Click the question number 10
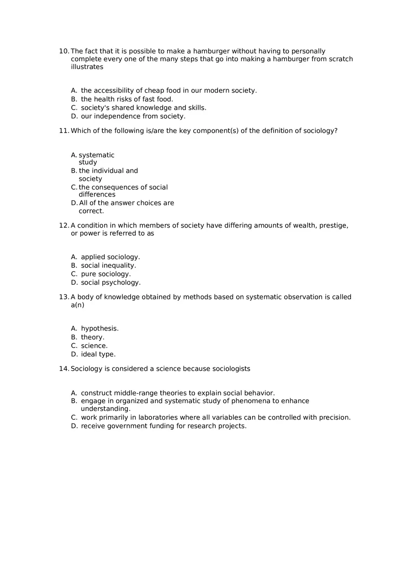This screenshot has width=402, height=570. coord(64,51)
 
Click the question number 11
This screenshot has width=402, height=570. coord(64,131)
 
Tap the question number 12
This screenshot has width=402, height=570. coord(64,225)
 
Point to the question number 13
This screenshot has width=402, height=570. coord(64,297)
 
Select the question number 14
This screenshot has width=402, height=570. coord(64,369)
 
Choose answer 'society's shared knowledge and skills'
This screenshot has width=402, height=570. coord(143,108)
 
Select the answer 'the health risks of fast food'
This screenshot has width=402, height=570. coord(127,99)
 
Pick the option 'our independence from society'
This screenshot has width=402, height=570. coord(133,117)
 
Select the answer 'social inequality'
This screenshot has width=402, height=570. coord(108,266)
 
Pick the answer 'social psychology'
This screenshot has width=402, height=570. coord(111,282)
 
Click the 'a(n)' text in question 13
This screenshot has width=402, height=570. coord(78,305)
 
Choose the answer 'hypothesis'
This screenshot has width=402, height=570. coord(100,329)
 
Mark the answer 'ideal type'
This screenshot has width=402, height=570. coord(98,354)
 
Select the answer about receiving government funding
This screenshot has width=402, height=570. coord(164,426)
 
